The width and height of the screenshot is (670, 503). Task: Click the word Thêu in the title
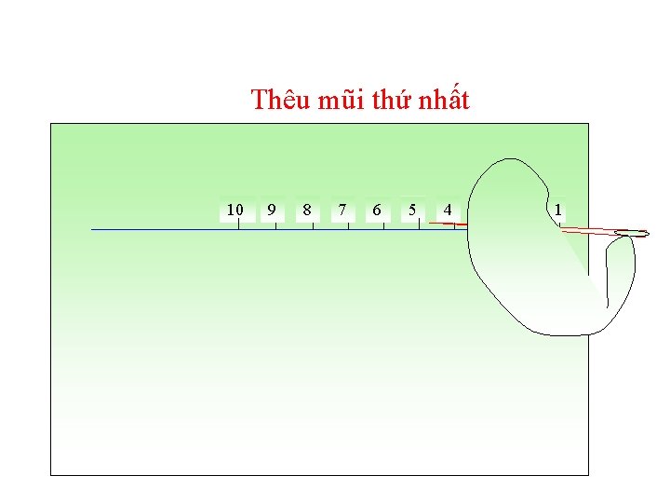[280, 100]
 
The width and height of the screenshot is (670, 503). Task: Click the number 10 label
[235, 210]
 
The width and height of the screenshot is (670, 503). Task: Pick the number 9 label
[271, 210]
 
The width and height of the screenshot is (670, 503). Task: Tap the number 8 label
[306, 210]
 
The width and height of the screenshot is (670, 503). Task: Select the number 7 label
[342, 210]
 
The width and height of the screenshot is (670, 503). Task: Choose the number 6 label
[376, 210]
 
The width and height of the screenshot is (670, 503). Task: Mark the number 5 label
[412, 210]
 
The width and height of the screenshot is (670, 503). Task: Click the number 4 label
[448, 210]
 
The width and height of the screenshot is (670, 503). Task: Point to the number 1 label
[557, 210]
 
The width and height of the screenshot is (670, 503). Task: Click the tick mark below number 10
[239, 224]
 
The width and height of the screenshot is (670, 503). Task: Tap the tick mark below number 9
[275, 224]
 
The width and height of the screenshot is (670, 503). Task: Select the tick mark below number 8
[313, 224]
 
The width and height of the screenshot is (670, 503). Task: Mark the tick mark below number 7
[348, 224]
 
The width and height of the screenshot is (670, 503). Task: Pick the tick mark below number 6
[383, 224]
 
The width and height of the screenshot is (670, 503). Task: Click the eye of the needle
[633, 233]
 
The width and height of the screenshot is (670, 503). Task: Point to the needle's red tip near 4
[432, 224]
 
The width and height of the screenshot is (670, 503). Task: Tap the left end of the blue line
[92, 229]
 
